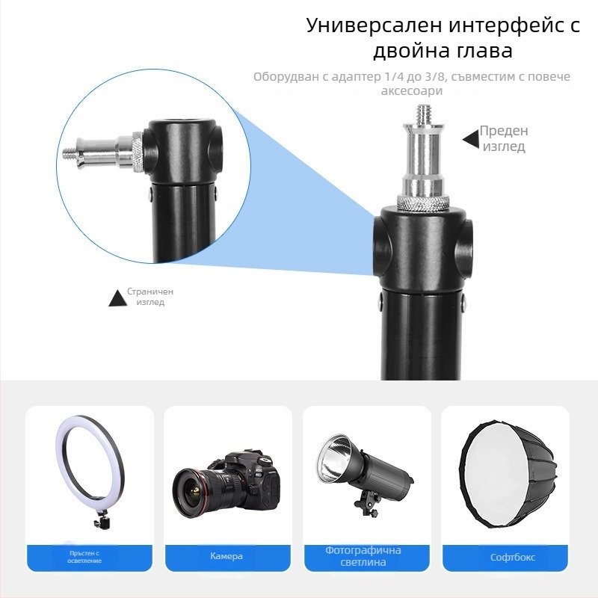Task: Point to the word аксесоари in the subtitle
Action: coord(412,90)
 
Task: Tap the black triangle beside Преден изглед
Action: coord(471,139)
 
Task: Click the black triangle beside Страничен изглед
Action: coord(118,298)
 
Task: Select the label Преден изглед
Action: coord(504,138)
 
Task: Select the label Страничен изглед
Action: coord(150,297)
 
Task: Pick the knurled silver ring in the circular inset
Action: coord(138,152)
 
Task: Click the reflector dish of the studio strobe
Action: coord(333,457)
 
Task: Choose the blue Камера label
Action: coord(226,556)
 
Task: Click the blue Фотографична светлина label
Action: coord(363,556)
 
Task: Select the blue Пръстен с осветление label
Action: coord(84,557)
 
